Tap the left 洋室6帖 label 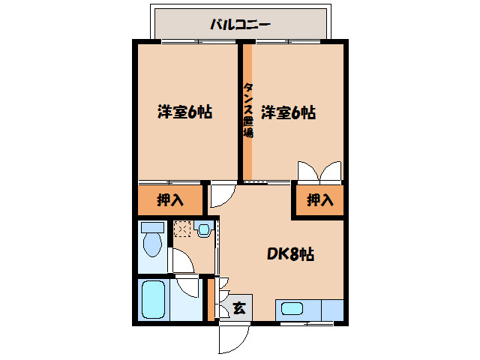[x=184, y=112]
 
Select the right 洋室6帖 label [x=288, y=112]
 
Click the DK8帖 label [x=290, y=254]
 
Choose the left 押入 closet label [x=170, y=200]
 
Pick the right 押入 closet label [x=319, y=200]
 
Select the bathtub [x=153, y=301]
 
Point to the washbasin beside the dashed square [x=202, y=228]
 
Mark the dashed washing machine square [x=182, y=228]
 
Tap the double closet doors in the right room [x=320, y=171]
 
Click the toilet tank [x=152, y=226]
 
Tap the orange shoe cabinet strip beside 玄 [x=211, y=299]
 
